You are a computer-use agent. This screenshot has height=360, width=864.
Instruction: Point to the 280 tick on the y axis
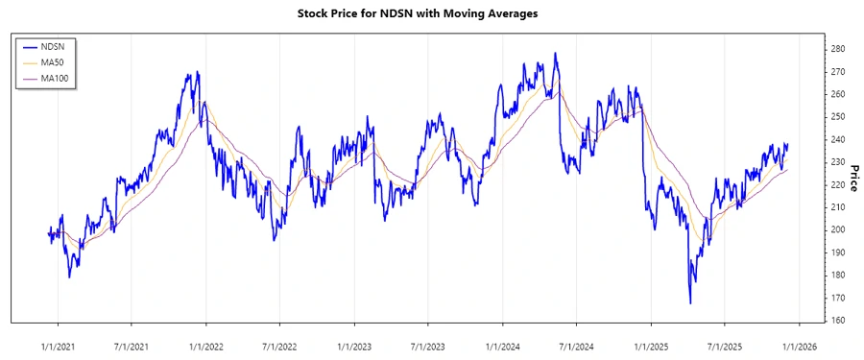point(837,49)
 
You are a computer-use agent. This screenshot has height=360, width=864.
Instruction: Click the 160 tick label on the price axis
point(837,320)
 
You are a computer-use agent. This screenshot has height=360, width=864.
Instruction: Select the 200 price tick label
point(837,229)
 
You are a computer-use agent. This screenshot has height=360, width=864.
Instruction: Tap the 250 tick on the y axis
point(837,116)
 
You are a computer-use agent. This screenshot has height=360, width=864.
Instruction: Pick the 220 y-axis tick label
point(837,184)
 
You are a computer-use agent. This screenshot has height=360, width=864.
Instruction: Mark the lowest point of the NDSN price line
point(690,303)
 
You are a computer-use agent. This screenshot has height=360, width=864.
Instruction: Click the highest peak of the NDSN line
point(555,54)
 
